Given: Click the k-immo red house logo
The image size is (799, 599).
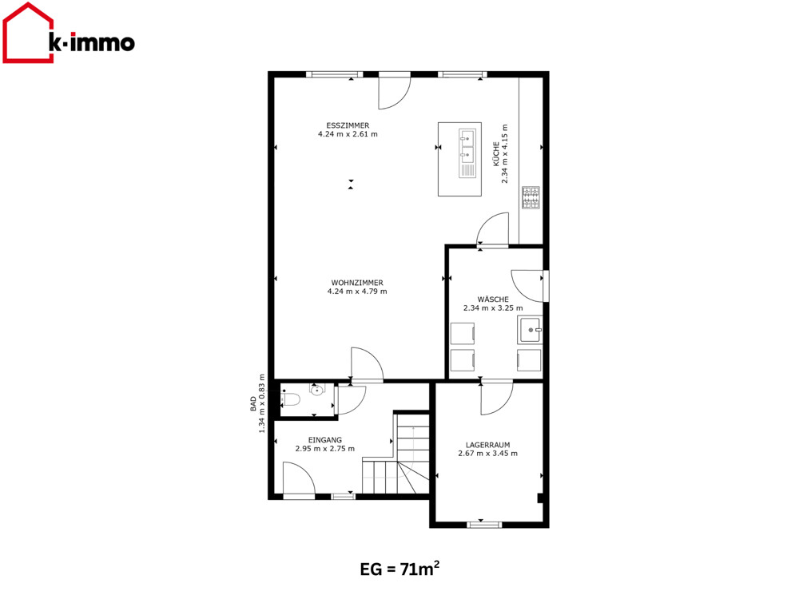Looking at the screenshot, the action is (x=29, y=33).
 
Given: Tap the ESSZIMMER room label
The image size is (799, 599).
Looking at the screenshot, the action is (x=348, y=125).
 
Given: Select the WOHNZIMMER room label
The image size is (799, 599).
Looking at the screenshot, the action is (x=357, y=283).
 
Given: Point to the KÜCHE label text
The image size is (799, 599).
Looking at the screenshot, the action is (x=496, y=154).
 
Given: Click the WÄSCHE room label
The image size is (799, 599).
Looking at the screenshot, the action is (x=493, y=299).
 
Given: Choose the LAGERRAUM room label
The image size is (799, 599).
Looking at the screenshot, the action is (x=487, y=445).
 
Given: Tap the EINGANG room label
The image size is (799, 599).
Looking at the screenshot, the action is (x=325, y=440).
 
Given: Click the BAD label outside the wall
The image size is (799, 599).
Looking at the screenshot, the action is (x=253, y=404).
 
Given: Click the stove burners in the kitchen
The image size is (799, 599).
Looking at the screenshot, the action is (x=531, y=197).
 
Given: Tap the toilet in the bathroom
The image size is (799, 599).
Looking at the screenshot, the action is (x=291, y=399).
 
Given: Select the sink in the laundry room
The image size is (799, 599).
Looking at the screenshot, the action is (x=530, y=330).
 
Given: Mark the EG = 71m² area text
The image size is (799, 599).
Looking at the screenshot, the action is (x=399, y=569).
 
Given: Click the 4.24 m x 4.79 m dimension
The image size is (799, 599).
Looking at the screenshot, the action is (x=357, y=292).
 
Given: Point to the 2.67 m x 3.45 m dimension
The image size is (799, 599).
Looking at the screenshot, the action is (x=487, y=454).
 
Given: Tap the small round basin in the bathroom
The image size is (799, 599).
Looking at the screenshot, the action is (x=317, y=391).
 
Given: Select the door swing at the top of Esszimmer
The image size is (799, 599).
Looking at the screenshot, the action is (x=394, y=92).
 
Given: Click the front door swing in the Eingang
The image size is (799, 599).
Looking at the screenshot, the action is (x=299, y=478).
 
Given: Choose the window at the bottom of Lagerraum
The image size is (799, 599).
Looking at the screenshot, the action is (x=484, y=524).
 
